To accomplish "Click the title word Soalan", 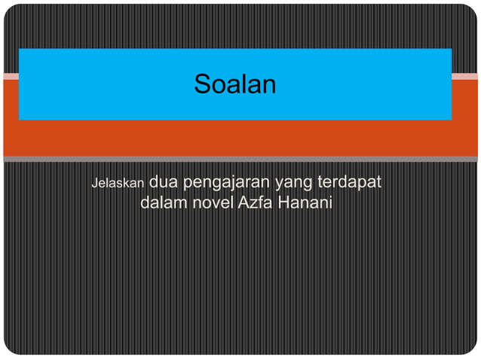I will click(x=234, y=84).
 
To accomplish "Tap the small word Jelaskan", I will click(x=118, y=184).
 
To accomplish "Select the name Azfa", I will click(x=255, y=203).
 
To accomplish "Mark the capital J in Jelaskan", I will click(x=93, y=184).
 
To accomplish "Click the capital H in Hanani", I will click(x=283, y=203).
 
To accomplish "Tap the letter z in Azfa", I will click(x=252, y=204).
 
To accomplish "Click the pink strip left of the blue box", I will click(x=11, y=76).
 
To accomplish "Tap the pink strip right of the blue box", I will click(x=464, y=76).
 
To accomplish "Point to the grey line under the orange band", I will click(x=240, y=159).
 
